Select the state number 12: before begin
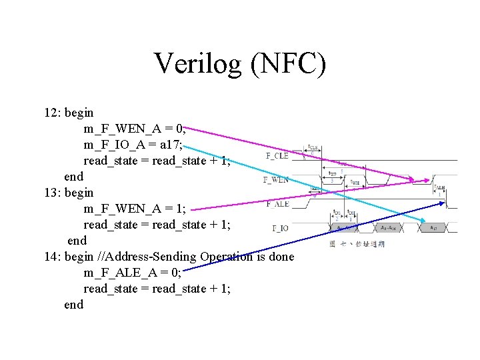coord(53,113)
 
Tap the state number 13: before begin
coord(53,193)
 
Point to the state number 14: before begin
coord(53,257)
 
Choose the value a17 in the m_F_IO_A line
coord(170,145)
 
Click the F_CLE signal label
coord(277,156)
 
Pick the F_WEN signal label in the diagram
coord(276,180)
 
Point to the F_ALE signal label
coord(277,204)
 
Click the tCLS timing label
coord(313,147)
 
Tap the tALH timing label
coord(439,189)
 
